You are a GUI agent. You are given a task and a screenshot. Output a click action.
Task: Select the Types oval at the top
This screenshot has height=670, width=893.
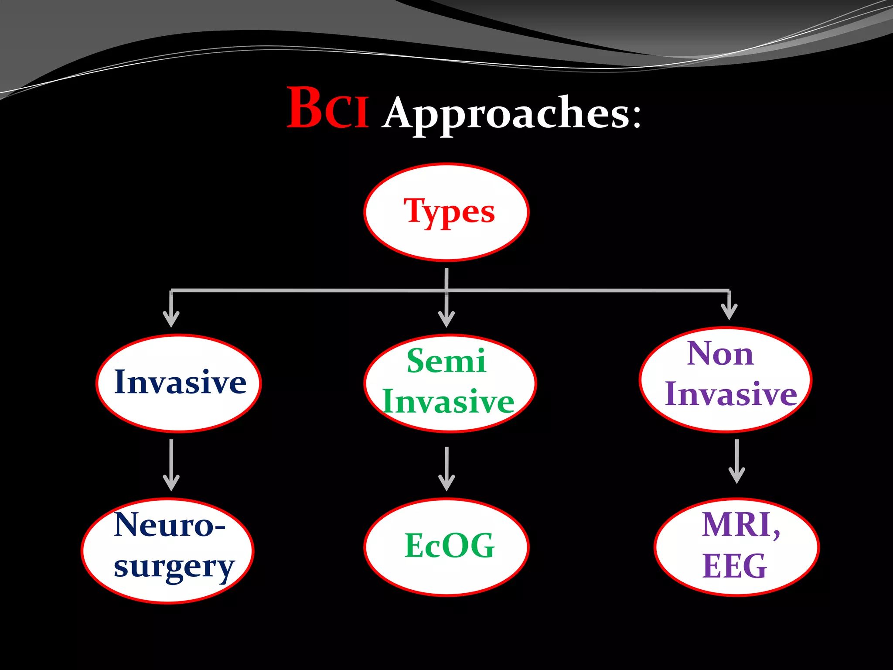click(446, 212)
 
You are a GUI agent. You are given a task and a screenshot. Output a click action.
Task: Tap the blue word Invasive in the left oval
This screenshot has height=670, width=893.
click(180, 383)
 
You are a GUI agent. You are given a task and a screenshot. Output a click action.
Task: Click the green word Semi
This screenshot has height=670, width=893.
click(446, 361)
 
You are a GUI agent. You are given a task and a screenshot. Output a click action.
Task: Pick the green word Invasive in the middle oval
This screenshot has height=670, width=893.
click(448, 402)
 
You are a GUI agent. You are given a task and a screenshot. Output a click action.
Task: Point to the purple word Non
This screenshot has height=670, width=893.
click(720, 354)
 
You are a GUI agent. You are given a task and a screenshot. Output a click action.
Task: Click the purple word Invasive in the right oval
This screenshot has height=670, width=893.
click(731, 394)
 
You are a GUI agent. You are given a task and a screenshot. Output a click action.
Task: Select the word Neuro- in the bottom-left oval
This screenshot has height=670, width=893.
click(169, 525)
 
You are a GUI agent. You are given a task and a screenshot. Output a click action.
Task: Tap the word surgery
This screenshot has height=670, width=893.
click(174, 567)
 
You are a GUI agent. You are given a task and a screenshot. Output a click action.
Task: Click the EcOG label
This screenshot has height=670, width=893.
click(449, 546)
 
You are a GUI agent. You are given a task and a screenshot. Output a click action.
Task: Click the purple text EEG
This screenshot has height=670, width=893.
click(734, 566)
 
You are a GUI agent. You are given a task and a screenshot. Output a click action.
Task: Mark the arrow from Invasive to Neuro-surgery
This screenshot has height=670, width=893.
click(171, 465)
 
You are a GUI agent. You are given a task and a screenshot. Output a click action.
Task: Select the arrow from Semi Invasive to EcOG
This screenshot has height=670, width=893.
click(446, 468)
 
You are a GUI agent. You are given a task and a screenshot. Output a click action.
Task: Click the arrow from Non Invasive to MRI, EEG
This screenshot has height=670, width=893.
click(737, 461)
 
